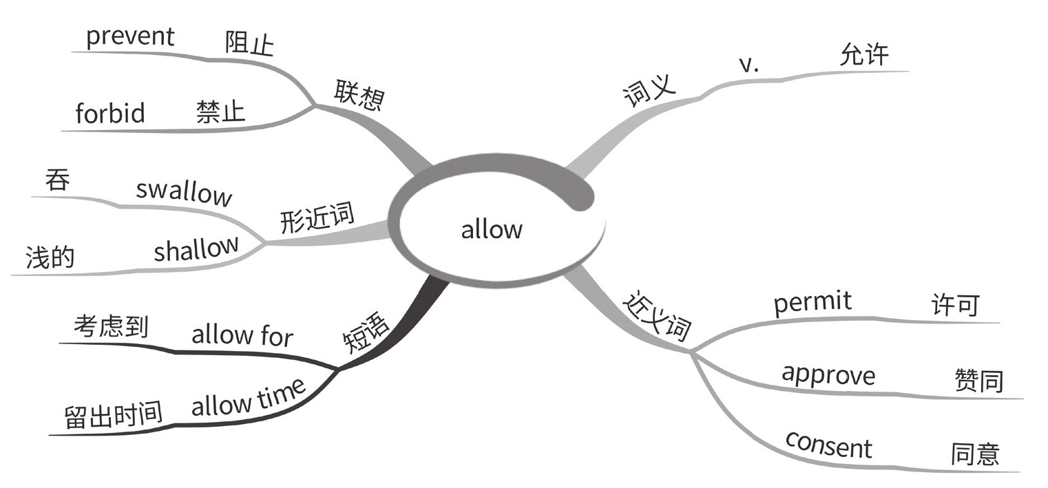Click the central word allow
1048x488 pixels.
[x=492, y=229]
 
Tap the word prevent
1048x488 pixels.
[x=130, y=36]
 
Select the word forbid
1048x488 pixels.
[x=110, y=112]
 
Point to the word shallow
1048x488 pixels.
[x=196, y=248]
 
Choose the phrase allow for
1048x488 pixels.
[x=242, y=336]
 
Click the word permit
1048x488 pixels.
[x=813, y=302]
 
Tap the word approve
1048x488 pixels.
[x=828, y=374]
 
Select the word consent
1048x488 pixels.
[x=828, y=445]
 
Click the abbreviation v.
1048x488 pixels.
[x=748, y=65]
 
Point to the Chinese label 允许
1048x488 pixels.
[x=864, y=55]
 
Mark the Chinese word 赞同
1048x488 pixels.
[x=978, y=381]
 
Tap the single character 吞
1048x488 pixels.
[x=57, y=181]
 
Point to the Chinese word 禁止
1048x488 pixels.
[x=220, y=111]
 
